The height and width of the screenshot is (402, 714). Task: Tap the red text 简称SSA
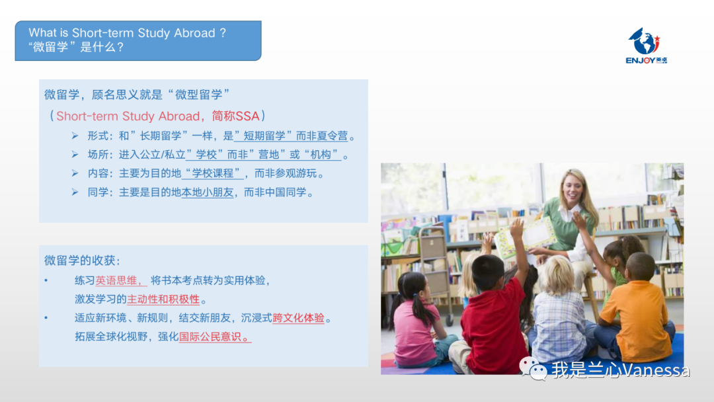point(235,116)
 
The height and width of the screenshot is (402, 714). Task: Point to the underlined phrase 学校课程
point(213,173)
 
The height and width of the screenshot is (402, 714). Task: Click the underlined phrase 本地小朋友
point(207,192)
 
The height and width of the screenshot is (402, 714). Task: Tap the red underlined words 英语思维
point(116,280)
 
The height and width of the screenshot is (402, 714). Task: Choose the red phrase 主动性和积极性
point(163,299)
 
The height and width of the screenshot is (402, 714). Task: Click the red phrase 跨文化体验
point(298,318)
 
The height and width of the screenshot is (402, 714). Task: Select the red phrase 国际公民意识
point(210,337)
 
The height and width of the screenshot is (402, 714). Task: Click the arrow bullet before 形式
point(75,136)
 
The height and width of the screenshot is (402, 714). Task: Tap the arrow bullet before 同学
point(75,192)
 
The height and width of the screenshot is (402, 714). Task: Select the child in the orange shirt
point(635,309)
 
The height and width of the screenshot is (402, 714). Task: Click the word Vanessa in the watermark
point(656,370)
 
